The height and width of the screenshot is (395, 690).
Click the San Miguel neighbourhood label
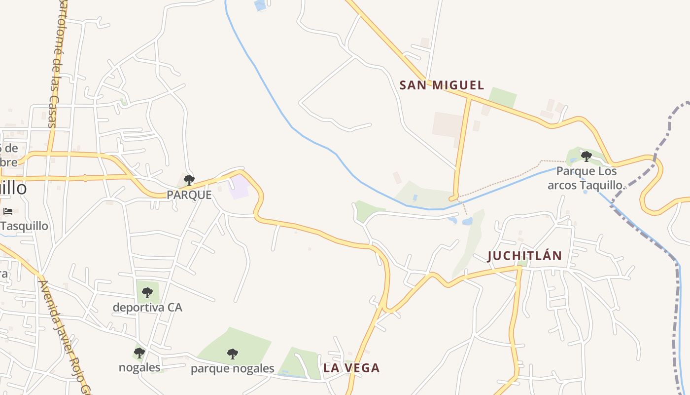click(x=442, y=85)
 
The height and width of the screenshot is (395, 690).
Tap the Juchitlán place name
click(x=524, y=256)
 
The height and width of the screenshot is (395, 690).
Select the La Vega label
click(x=351, y=368)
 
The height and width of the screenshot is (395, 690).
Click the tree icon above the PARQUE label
click(x=189, y=180)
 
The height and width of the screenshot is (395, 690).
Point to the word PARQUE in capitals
click(x=189, y=195)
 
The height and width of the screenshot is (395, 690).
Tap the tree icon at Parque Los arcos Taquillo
click(x=586, y=157)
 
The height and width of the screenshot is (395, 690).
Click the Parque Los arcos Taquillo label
click(x=586, y=178)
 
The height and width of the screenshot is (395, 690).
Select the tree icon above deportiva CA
click(x=147, y=292)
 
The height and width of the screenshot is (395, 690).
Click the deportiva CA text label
click(x=147, y=308)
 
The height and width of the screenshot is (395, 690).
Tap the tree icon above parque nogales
click(x=232, y=354)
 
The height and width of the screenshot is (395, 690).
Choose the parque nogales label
click(x=232, y=368)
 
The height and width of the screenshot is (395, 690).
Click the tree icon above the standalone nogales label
click(x=139, y=353)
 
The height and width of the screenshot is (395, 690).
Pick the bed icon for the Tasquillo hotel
click(x=8, y=211)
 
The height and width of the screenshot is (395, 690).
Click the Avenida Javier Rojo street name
click(x=65, y=336)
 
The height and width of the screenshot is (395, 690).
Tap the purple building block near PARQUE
click(x=239, y=188)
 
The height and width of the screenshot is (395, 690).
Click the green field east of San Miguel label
click(x=502, y=98)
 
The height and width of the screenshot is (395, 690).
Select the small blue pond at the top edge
click(x=259, y=5)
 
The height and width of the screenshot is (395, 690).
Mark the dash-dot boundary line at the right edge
click(x=681, y=321)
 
